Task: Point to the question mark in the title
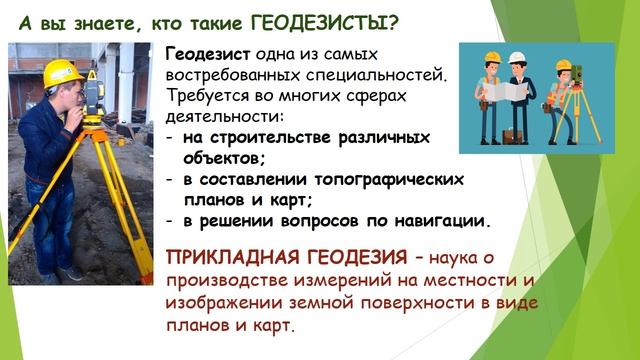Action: [395, 19]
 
